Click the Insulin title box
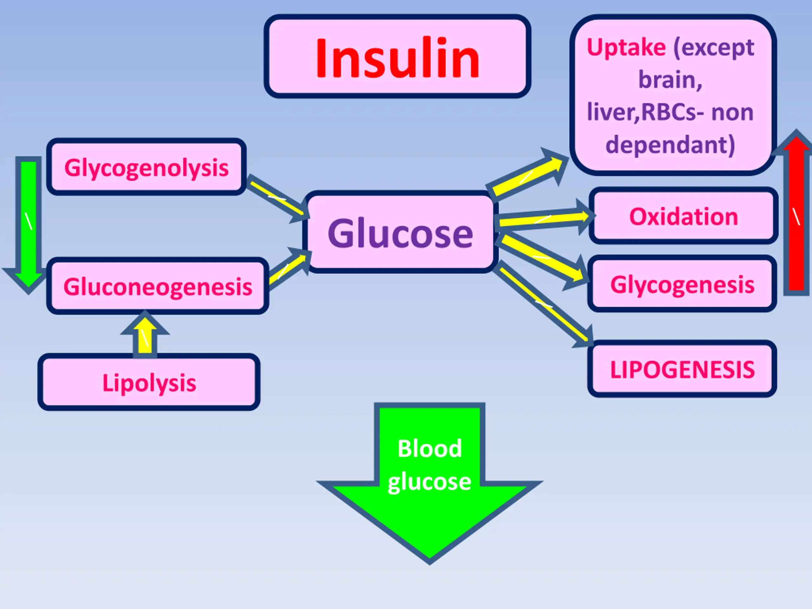click(x=397, y=56)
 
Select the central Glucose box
click(x=400, y=232)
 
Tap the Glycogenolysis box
click(x=147, y=167)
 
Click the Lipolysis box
click(x=149, y=382)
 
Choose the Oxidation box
click(x=684, y=216)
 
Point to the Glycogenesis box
click(x=682, y=284)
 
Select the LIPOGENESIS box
click(x=682, y=369)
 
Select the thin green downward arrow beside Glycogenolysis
click(x=28, y=225)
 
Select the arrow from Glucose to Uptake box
click(x=529, y=175)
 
